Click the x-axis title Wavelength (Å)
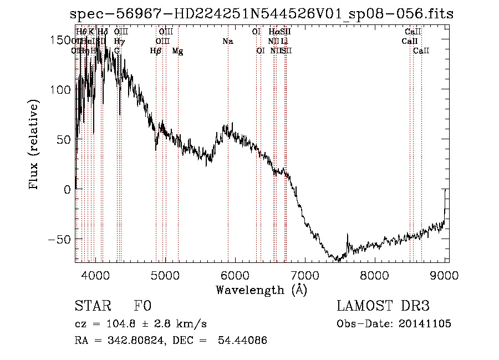[x=261, y=290]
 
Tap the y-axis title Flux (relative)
[x=34, y=145]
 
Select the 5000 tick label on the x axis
[x=165, y=275]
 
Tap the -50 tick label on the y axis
[x=60, y=239]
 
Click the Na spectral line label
[x=227, y=42]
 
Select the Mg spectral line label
[x=177, y=51]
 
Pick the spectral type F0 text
[x=143, y=306]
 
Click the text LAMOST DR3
[x=383, y=306]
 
